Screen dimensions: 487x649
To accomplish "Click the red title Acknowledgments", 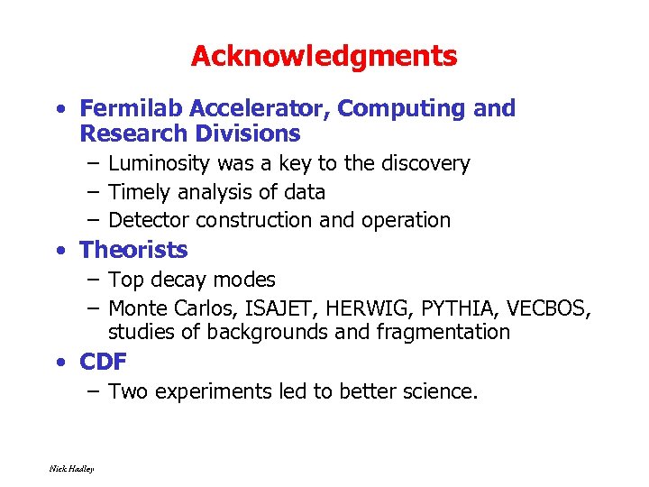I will pyautogui.click(x=324, y=57).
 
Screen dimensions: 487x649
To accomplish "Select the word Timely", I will pyautogui.click(x=136, y=192).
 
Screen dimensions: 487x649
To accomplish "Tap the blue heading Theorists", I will pyautogui.click(x=133, y=250).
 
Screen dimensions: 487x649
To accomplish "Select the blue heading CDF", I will pyautogui.click(x=103, y=363).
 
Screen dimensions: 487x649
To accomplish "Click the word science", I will pyautogui.click(x=443, y=391).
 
